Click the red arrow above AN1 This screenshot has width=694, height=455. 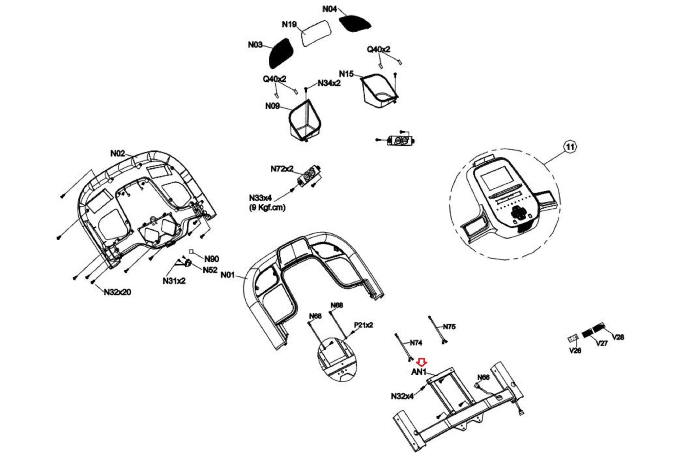(422, 362)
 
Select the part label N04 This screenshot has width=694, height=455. (329, 9)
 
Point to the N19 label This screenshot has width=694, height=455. (289, 24)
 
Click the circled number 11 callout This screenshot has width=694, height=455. (570, 147)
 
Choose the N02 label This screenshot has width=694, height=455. (118, 153)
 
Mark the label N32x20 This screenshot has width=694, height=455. (117, 292)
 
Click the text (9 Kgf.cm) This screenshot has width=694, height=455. (267, 207)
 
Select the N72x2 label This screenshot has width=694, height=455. (282, 169)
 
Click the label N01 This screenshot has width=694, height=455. (227, 274)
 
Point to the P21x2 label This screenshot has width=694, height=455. (363, 325)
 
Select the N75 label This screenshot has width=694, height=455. (449, 327)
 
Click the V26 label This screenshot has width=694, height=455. (575, 350)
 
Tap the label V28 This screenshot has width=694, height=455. (618, 337)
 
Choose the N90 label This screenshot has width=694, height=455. (211, 259)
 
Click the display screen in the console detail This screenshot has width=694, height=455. (495, 181)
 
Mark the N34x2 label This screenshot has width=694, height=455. (329, 83)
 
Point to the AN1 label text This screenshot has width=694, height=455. (419, 372)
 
